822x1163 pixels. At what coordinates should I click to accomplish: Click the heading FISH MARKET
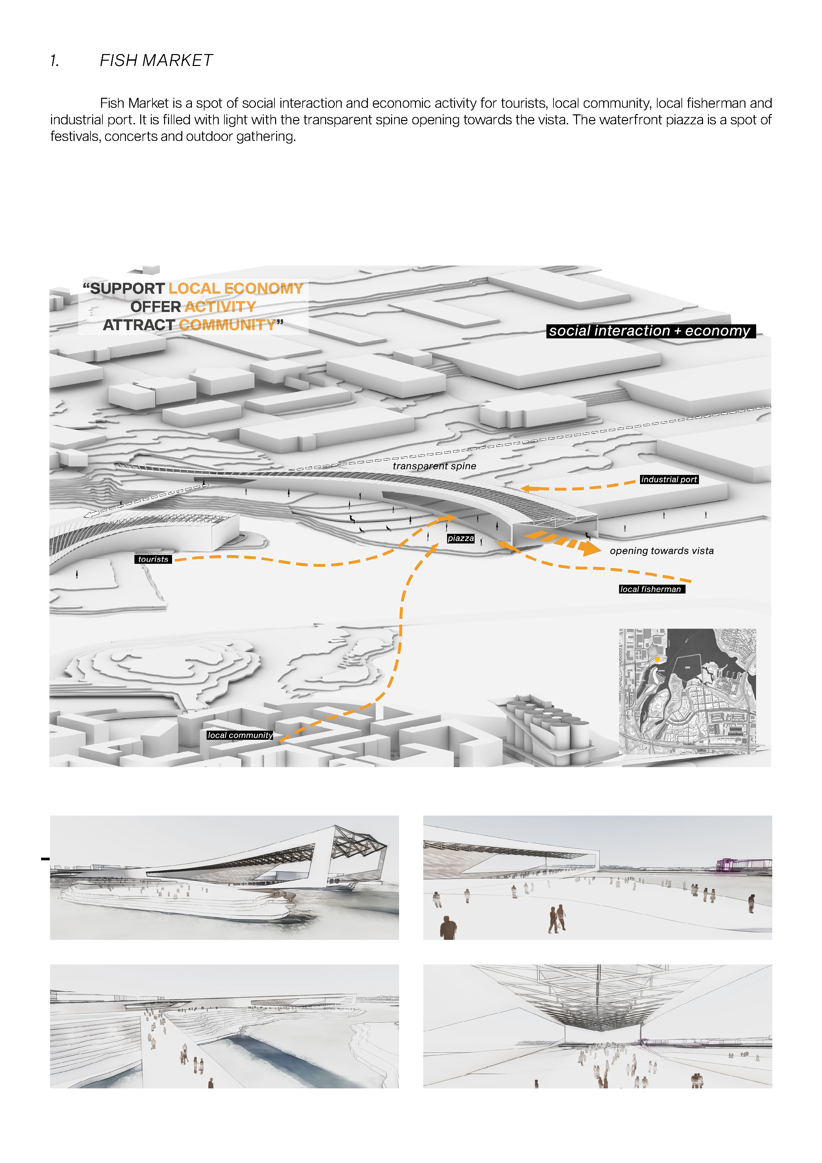[156, 60]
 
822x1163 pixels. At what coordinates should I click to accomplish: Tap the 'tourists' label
[153, 559]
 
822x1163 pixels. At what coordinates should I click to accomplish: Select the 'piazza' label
[460, 538]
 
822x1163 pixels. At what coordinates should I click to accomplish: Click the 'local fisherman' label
[651, 589]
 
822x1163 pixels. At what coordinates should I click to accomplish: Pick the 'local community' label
[240, 735]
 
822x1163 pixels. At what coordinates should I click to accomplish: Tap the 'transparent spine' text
[434, 466]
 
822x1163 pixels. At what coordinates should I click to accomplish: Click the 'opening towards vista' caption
[662, 551]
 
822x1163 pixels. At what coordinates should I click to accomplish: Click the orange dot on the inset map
[657, 659]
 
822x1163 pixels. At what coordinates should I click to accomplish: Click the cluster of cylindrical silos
[550, 724]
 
